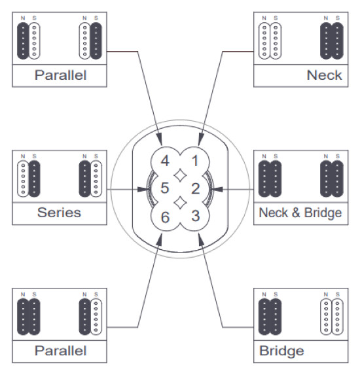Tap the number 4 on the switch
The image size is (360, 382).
(x=165, y=161)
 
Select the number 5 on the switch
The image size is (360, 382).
(x=165, y=189)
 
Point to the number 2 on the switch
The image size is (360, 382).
(x=194, y=189)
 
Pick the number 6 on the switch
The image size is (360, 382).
(x=165, y=217)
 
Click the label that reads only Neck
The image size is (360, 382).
(x=324, y=75)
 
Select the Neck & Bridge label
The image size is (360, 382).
(x=300, y=213)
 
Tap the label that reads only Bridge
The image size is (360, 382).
(x=281, y=351)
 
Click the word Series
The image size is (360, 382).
(x=58, y=213)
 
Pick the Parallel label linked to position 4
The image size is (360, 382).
(x=60, y=75)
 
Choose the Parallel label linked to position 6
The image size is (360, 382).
(x=60, y=351)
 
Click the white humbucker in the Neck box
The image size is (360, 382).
(x=270, y=42)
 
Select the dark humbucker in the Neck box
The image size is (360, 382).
(x=330, y=42)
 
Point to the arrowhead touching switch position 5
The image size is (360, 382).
(x=145, y=190)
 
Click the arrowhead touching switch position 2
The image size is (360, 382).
(x=217, y=190)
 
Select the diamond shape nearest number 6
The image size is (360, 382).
(x=179, y=203)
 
